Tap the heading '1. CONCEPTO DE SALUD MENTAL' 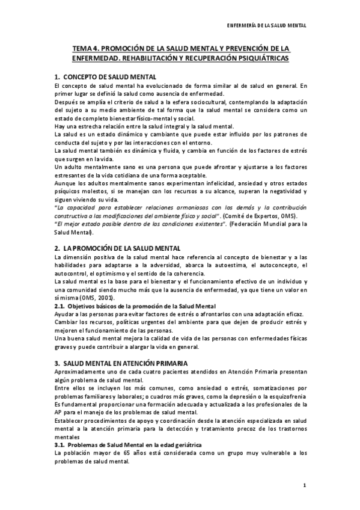tap(105, 78)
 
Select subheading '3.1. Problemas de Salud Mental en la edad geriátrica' tap(135, 444)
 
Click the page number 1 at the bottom tap(305, 485)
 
